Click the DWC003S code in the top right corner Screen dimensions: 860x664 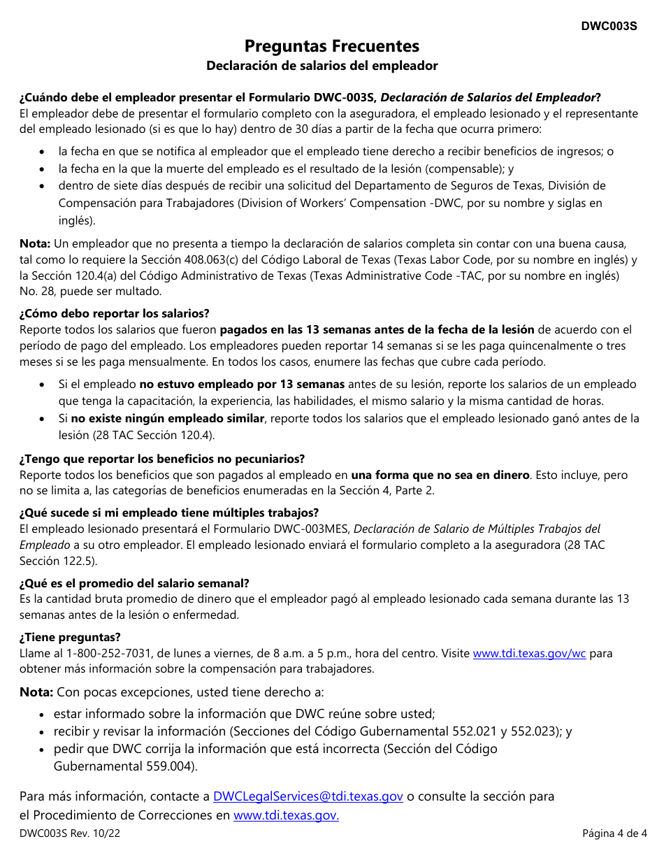click(609, 26)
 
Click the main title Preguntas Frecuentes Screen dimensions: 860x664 click(332, 46)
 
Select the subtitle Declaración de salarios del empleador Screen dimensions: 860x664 click(322, 66)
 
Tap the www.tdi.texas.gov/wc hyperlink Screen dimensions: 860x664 click(529, 654)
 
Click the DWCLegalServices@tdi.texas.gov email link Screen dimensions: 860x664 click(308, 796)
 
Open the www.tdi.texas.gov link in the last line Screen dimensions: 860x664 click(286, 815)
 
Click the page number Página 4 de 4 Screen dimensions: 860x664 click(614, 833)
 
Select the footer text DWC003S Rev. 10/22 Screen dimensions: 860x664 click(64, 833)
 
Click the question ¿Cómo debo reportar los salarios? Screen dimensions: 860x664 click(115, 313)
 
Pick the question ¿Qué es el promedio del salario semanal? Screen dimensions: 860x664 click(134, 583)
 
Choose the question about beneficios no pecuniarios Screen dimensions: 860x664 click(162, 459)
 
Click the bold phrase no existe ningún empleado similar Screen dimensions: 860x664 click(168, 418)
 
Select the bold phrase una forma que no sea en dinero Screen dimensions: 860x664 click(440, 475)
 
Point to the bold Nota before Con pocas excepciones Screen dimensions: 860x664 click(36, 692)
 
